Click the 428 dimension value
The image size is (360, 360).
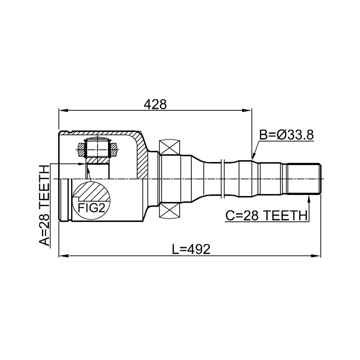click(155, 105)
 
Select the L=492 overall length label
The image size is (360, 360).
click(191, 249)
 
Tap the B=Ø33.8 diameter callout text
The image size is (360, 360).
click(286, 135)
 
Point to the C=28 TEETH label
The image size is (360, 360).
click(266, 216)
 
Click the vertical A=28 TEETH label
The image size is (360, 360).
click(44, 206)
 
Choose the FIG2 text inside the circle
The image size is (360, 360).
click(91, 208)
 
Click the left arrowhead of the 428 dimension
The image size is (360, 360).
click(63, 110)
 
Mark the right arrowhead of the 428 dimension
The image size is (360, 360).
click(247, 110)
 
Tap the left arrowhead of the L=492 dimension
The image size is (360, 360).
click(63, 256)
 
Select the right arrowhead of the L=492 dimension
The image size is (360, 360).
click(316, 256)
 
